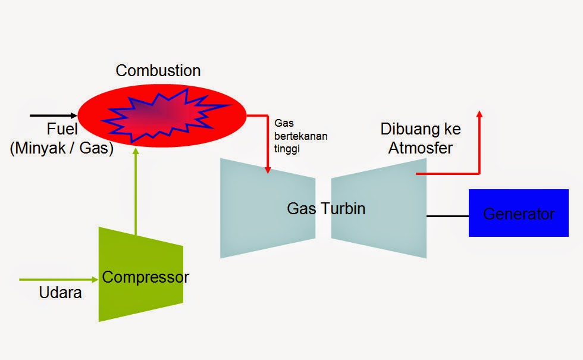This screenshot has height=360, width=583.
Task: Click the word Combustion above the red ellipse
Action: pos(158,70)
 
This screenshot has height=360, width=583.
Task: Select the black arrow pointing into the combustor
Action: pos(54,115)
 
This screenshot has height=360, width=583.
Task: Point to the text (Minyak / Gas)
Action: pos(61,148)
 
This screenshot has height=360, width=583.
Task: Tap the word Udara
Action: pos(60,293)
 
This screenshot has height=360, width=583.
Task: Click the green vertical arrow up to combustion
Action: pos(136,190)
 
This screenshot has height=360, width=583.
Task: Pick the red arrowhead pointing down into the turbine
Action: pos(268,170)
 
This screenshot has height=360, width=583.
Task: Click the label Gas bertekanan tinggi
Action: pos(300,136)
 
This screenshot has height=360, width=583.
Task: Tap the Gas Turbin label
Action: pos(326,208)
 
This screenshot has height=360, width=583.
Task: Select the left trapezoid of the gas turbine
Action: pos(256,208)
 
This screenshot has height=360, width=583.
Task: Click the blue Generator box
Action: pos(518,213)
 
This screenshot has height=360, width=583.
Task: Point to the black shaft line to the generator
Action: pos(447,216)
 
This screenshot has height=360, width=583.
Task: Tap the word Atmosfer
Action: pos(420,148)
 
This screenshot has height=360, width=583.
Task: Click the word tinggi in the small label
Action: pos(287,150)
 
